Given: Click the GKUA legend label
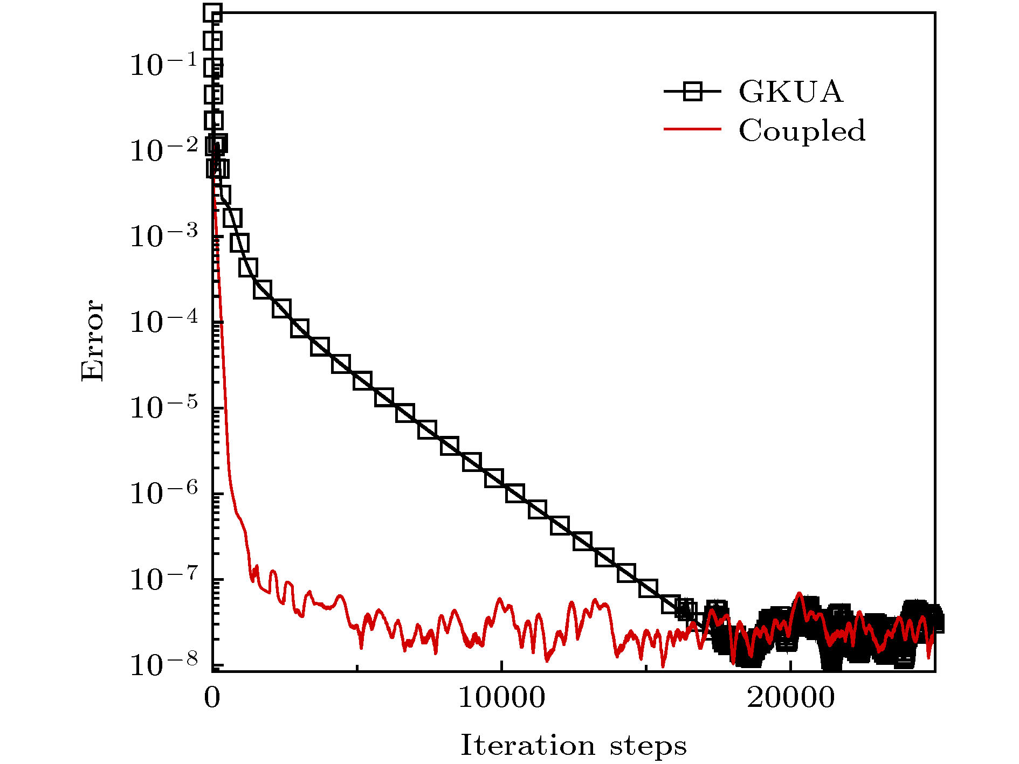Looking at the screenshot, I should click(x=790, y=92).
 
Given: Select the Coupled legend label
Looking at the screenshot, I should click(x=802, y=130).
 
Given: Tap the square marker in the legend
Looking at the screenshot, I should click(x=692, y=92).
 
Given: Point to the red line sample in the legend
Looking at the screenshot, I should click(x=692, y=129).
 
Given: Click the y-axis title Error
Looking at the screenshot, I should click(x=92, y=341).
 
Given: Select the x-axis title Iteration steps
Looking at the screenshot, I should click(x=573, y=746).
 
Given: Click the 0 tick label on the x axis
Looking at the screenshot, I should click(x=212, y=698).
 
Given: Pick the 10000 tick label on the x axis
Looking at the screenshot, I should click(x=501, y=698).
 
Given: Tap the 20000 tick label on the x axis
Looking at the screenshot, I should click(x=790, y=698).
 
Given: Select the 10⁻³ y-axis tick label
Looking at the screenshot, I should click(x=163, y=235).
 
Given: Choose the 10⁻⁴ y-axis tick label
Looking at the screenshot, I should click(x=163, y=321).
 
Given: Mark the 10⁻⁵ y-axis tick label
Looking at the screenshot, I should click(x=163, y=407).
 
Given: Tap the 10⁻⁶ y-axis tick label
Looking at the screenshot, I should click(x=163, y=492).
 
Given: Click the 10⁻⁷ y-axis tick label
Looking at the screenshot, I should click(x=163, y=578).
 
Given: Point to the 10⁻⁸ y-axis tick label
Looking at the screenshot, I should click(x=163, y=664).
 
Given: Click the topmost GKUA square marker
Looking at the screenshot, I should click(x=213, y=13).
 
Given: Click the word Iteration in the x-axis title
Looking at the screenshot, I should click(x=527, y=745).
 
